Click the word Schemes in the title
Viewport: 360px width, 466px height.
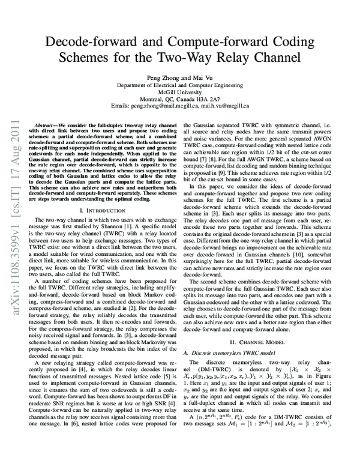pyautogui.click(x=84, y=59)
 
